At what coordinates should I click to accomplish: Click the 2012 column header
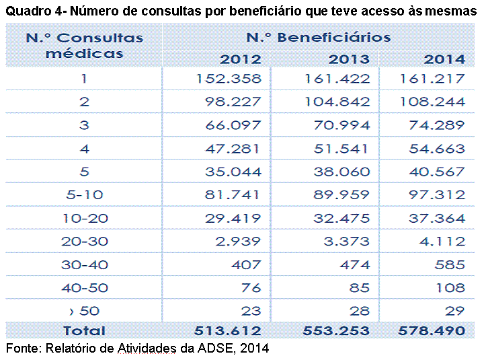point(240,59)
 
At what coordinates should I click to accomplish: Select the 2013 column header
point(349,59)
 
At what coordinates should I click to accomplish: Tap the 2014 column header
point(444,59)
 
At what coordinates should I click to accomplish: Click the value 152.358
point(229,79)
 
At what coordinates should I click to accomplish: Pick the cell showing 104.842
point(337,102)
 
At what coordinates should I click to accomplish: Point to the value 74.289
point(437,125)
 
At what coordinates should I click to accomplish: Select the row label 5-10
point(85,195)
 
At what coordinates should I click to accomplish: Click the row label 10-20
point(85,219)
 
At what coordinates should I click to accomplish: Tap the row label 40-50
point(85,288)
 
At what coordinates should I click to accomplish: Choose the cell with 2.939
point(238,242)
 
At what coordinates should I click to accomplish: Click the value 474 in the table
point(355,265)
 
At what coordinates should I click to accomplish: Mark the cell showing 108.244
point(432,102)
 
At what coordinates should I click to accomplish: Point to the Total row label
point(84,331)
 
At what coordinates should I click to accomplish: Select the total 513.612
point(227,331)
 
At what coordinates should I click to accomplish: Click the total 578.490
point(432,331)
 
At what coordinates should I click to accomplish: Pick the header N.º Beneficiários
point(319,38)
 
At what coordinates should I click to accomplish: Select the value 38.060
point(341,172)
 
